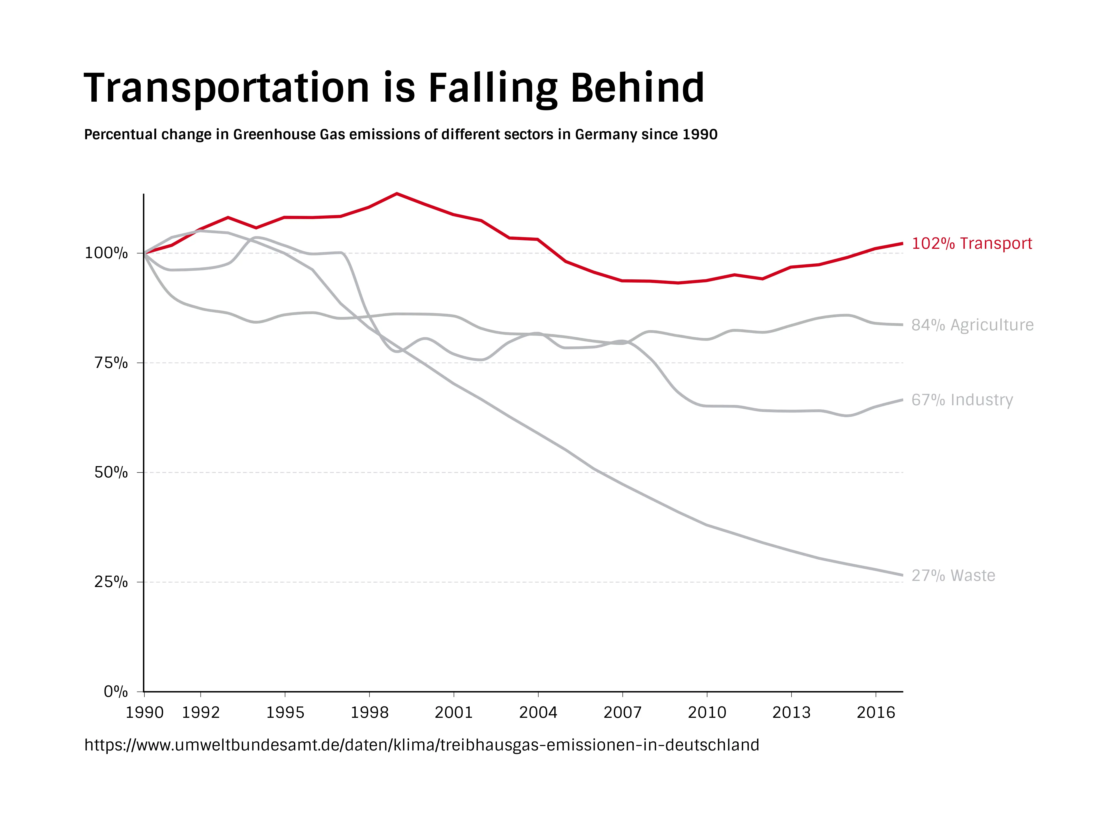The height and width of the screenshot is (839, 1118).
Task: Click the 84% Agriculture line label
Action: click(x=972, y=325)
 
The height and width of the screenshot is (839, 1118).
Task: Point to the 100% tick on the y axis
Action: click(x=106, y=253)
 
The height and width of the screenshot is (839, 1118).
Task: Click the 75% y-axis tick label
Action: click(x=111, y=363)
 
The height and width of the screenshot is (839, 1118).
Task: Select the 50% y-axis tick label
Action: click(x=111, y=472)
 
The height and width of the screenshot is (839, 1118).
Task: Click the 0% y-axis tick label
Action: click(x=116, y=691)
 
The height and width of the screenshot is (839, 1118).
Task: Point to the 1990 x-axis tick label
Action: click(x=144, y=713)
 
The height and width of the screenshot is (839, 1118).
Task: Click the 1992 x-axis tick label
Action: click(x=201, y=713)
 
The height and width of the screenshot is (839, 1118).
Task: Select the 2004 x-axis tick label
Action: click(x=538, y=713)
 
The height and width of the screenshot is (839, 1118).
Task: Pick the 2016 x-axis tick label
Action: click(x=875, y=713)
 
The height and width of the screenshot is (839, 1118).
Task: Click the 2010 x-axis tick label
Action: click(x=707, y=713)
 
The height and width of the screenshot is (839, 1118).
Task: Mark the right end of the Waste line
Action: click(x=902, y=574)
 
